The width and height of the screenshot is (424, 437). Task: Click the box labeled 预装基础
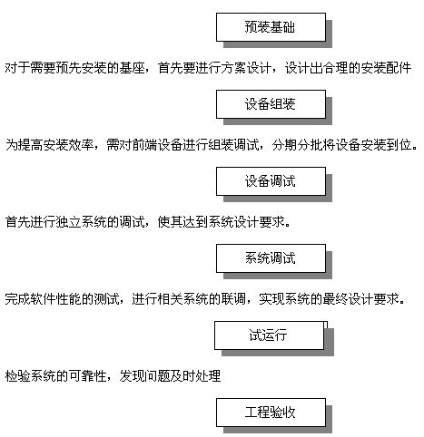[x=271, y=27]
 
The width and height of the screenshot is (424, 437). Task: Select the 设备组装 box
[x=271, y=104]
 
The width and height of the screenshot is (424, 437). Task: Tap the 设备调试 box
[x=271, y=181]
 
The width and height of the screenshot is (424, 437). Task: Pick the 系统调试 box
[x=271, y=258]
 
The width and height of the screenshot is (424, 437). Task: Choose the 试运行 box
[x=269, y=335]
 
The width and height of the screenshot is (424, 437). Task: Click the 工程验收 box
[x=271, y=413]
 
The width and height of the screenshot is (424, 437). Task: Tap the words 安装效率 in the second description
[x=69, y=145]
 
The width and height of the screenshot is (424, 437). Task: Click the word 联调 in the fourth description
[x=233, y=299]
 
